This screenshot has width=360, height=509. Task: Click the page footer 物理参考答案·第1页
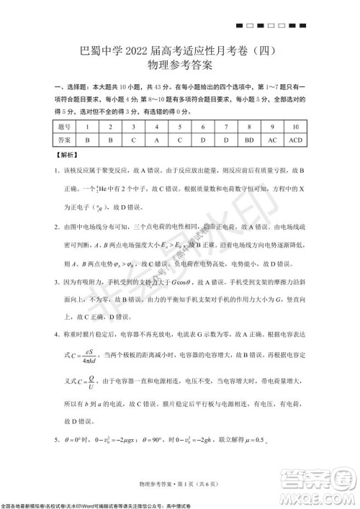pos(179,480)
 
